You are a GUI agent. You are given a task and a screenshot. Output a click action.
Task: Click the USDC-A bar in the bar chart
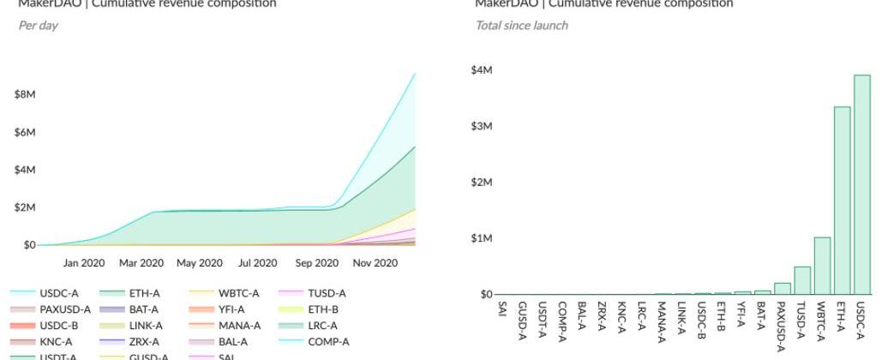click(862, 184)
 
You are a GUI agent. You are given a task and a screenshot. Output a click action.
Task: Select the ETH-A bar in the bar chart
click(842, 201)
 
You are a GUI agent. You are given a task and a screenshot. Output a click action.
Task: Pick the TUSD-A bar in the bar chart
click(802, 280)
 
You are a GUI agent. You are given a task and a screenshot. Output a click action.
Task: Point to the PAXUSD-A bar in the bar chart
click(782, 289)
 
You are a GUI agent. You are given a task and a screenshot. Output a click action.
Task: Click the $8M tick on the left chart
click(25, 94)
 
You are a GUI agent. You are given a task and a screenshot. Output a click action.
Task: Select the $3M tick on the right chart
click(482, 126)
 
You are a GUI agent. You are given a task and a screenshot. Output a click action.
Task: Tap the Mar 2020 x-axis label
click(141, 263)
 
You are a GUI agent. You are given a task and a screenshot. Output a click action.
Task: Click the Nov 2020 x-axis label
click(375, 263)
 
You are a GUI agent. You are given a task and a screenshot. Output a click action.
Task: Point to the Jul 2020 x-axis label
click(257, 263)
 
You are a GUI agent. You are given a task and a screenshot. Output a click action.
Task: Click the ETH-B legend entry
click(322, 309)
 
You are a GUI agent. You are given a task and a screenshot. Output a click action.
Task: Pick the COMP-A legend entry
click(328, 342)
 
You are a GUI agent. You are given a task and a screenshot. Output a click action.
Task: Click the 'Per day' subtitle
click(38, 26)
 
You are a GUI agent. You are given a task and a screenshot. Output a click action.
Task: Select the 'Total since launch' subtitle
click(521, 26)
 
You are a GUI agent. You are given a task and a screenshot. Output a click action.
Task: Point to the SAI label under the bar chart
click(501, 309)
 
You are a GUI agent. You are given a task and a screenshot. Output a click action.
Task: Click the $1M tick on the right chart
click(482, 238)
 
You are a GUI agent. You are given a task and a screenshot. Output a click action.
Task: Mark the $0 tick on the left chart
click(29, 245)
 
